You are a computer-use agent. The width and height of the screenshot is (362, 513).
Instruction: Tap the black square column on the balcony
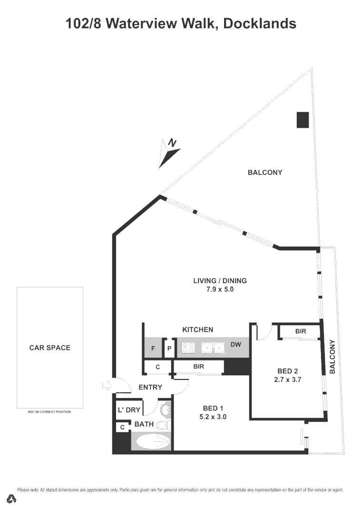click(303, 120)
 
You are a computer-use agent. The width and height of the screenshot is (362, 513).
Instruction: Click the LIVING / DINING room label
click(220, 281)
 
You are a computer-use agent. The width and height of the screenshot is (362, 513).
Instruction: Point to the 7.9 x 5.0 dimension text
click(220, 289)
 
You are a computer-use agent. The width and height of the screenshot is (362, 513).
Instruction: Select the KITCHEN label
click(198, 330)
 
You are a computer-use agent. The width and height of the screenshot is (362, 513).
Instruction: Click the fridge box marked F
click(153, 348)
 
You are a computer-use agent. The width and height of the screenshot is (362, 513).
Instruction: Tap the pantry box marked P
click(169, 348)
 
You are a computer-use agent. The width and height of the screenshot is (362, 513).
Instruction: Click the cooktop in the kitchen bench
click(189, 348)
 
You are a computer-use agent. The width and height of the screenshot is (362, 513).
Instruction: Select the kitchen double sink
click(213, 348)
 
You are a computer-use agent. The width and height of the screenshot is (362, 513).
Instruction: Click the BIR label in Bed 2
click(300, 331)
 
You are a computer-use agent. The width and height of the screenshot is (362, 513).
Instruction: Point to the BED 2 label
click(288, 371)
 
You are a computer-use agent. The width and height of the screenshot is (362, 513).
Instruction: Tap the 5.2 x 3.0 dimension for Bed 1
click(213, 417)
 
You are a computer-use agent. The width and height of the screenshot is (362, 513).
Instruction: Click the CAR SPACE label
click(49, 348)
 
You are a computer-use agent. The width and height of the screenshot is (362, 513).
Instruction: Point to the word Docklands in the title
click(259, 23)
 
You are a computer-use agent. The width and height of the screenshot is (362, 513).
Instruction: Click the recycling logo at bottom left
click(12, 499)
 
